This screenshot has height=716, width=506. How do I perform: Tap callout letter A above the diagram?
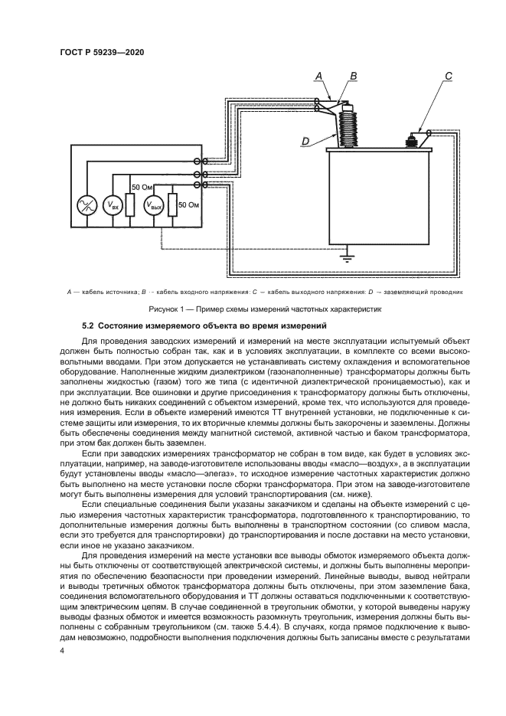pyautogui.click(x=318, y=75)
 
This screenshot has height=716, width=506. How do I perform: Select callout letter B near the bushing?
pyautogui.click(x=353, y=75)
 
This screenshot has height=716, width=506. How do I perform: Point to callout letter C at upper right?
pyautogui.click(x=449, y=75)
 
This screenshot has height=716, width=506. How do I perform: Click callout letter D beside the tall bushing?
pyautogui.click(x=305, y=141)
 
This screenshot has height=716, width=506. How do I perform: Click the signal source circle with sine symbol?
pyautogui.click(x=87, y=206)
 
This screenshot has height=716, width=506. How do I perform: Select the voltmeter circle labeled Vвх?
pyautogui.click(x=113, y=206)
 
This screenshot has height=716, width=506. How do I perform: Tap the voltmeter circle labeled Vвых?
pyautogui.click(x=155, y=206)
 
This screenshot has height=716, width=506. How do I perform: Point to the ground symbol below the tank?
pyautogui.click(x=349, y=256)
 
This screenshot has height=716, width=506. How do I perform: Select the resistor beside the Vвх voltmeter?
pyautogui.click(x=130, y=205)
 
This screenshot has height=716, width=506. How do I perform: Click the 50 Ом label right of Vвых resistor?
pyautogui.click(x=188, y=205)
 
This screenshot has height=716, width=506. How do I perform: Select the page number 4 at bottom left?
pyautogui.click(x=62, y=651)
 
